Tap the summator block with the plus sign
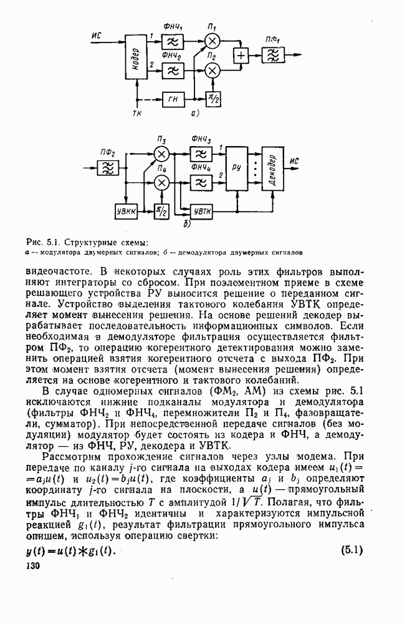click(240, 56)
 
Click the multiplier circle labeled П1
click(213, 41)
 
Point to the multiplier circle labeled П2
click(213, 71)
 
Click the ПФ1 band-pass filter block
click(271, 56)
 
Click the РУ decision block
click(237, 168)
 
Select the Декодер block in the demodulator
click(273, 168)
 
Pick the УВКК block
click(127, 212)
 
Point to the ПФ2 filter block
click(107, 167)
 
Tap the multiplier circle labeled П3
click(162, 154)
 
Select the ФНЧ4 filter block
click(201, 182)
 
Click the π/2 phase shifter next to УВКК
click(162, 212)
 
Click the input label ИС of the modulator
click(96, 36)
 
